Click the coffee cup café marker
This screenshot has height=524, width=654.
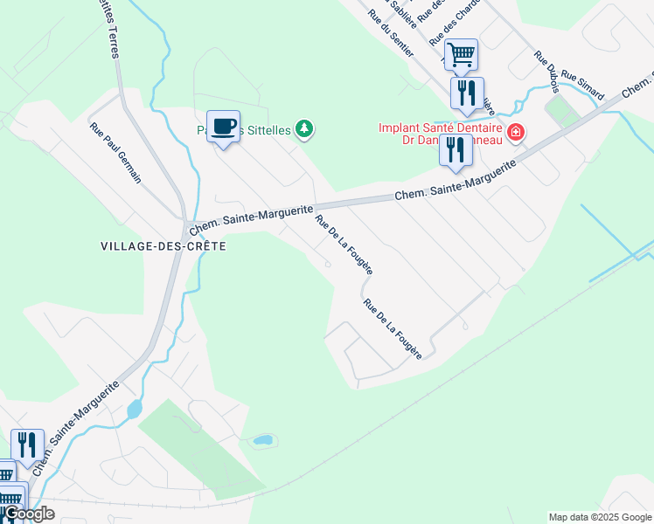(x=223, y=126)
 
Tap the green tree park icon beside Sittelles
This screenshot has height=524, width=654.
(x=304, y=129)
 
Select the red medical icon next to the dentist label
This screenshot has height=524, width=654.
(x=516, y=133)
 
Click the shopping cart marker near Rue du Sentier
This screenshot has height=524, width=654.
(x=461, y=55)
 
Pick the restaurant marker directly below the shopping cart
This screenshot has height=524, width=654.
(x=467, y=93)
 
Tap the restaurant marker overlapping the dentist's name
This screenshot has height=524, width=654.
(x=456, y=149)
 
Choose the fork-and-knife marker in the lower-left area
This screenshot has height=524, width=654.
(x=28, y=445)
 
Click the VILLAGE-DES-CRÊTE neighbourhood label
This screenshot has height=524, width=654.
(x=163, y=247)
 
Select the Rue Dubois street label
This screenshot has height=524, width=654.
(x=546, y=68)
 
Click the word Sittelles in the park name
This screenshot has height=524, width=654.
(x=266, y=130)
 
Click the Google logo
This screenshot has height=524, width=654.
(x=28, y=514)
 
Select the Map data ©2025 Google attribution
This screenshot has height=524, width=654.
(x=599, y=517)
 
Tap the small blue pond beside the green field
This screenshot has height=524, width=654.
(x=261, y=440)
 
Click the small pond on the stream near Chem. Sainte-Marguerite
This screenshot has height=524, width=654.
(x=134, y=409)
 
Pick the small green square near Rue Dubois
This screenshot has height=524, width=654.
(x=555, y=111)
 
